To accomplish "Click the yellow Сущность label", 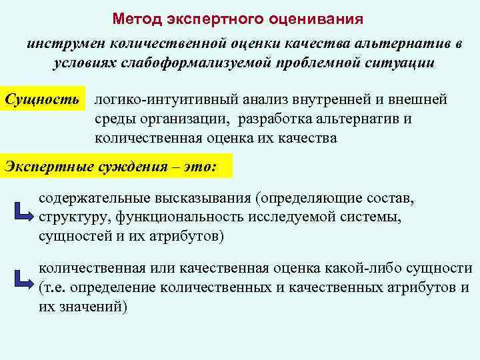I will point(45,100).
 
